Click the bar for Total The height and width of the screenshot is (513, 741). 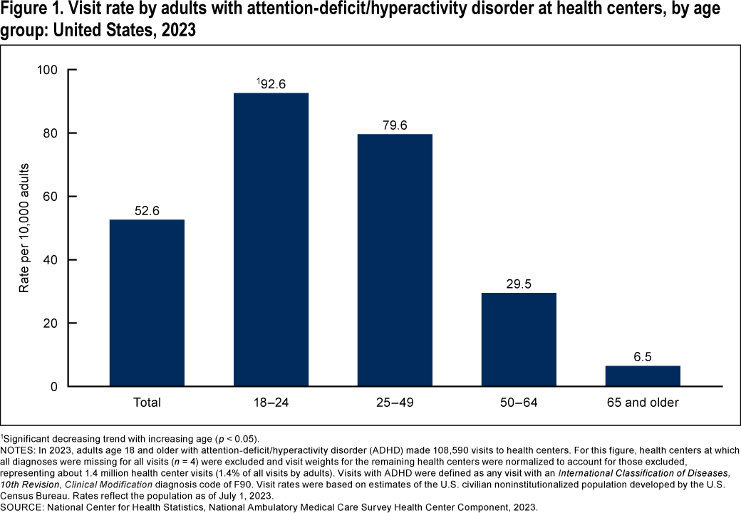pyautogui.click(x=147, y=303)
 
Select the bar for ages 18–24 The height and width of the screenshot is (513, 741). pyautogui.click(x=271, y=239)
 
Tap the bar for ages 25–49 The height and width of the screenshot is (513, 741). pyautogui.click(x=395, y=260)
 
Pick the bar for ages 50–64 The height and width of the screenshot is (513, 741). pyautogui.click(x=519, y=339)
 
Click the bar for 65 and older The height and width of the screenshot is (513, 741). pyautogui.click(x=643, y=375)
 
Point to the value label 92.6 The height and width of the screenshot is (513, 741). pyautogui.click(x=272, y=83)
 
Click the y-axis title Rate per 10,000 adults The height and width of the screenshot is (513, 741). pyautogui.click(x=24, y=228)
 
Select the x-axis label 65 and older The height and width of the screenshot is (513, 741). pyautogui.click(x=643, y=403)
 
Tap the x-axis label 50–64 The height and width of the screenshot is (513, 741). pyautogui.click(x=519, y=403)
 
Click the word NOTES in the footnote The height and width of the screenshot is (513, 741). pyautogui.click(x=16, y=450)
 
